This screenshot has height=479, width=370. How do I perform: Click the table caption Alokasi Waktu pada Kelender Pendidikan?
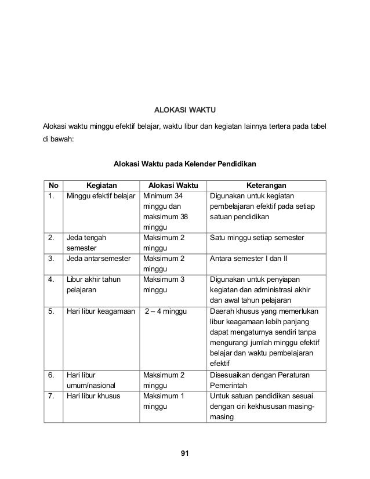(x=184, y=164)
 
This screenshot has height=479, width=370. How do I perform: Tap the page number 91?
(x=184, y=452)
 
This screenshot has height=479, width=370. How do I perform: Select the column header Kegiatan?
(x=101, y=186)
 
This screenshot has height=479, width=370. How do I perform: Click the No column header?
(x=54, y=186)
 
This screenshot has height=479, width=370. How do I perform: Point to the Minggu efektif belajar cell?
(x=100, y=196)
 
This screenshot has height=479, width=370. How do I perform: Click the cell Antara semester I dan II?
(x=249, y=259)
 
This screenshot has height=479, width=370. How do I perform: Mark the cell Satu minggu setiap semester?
(x=257, y=238)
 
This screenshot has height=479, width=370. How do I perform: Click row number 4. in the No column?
(x=52, y=280)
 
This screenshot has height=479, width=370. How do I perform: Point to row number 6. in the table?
(x=52, y=375)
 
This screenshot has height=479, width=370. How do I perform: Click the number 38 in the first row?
(x=184, y=217)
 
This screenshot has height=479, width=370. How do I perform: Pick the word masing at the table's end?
(x=221, y=417)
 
